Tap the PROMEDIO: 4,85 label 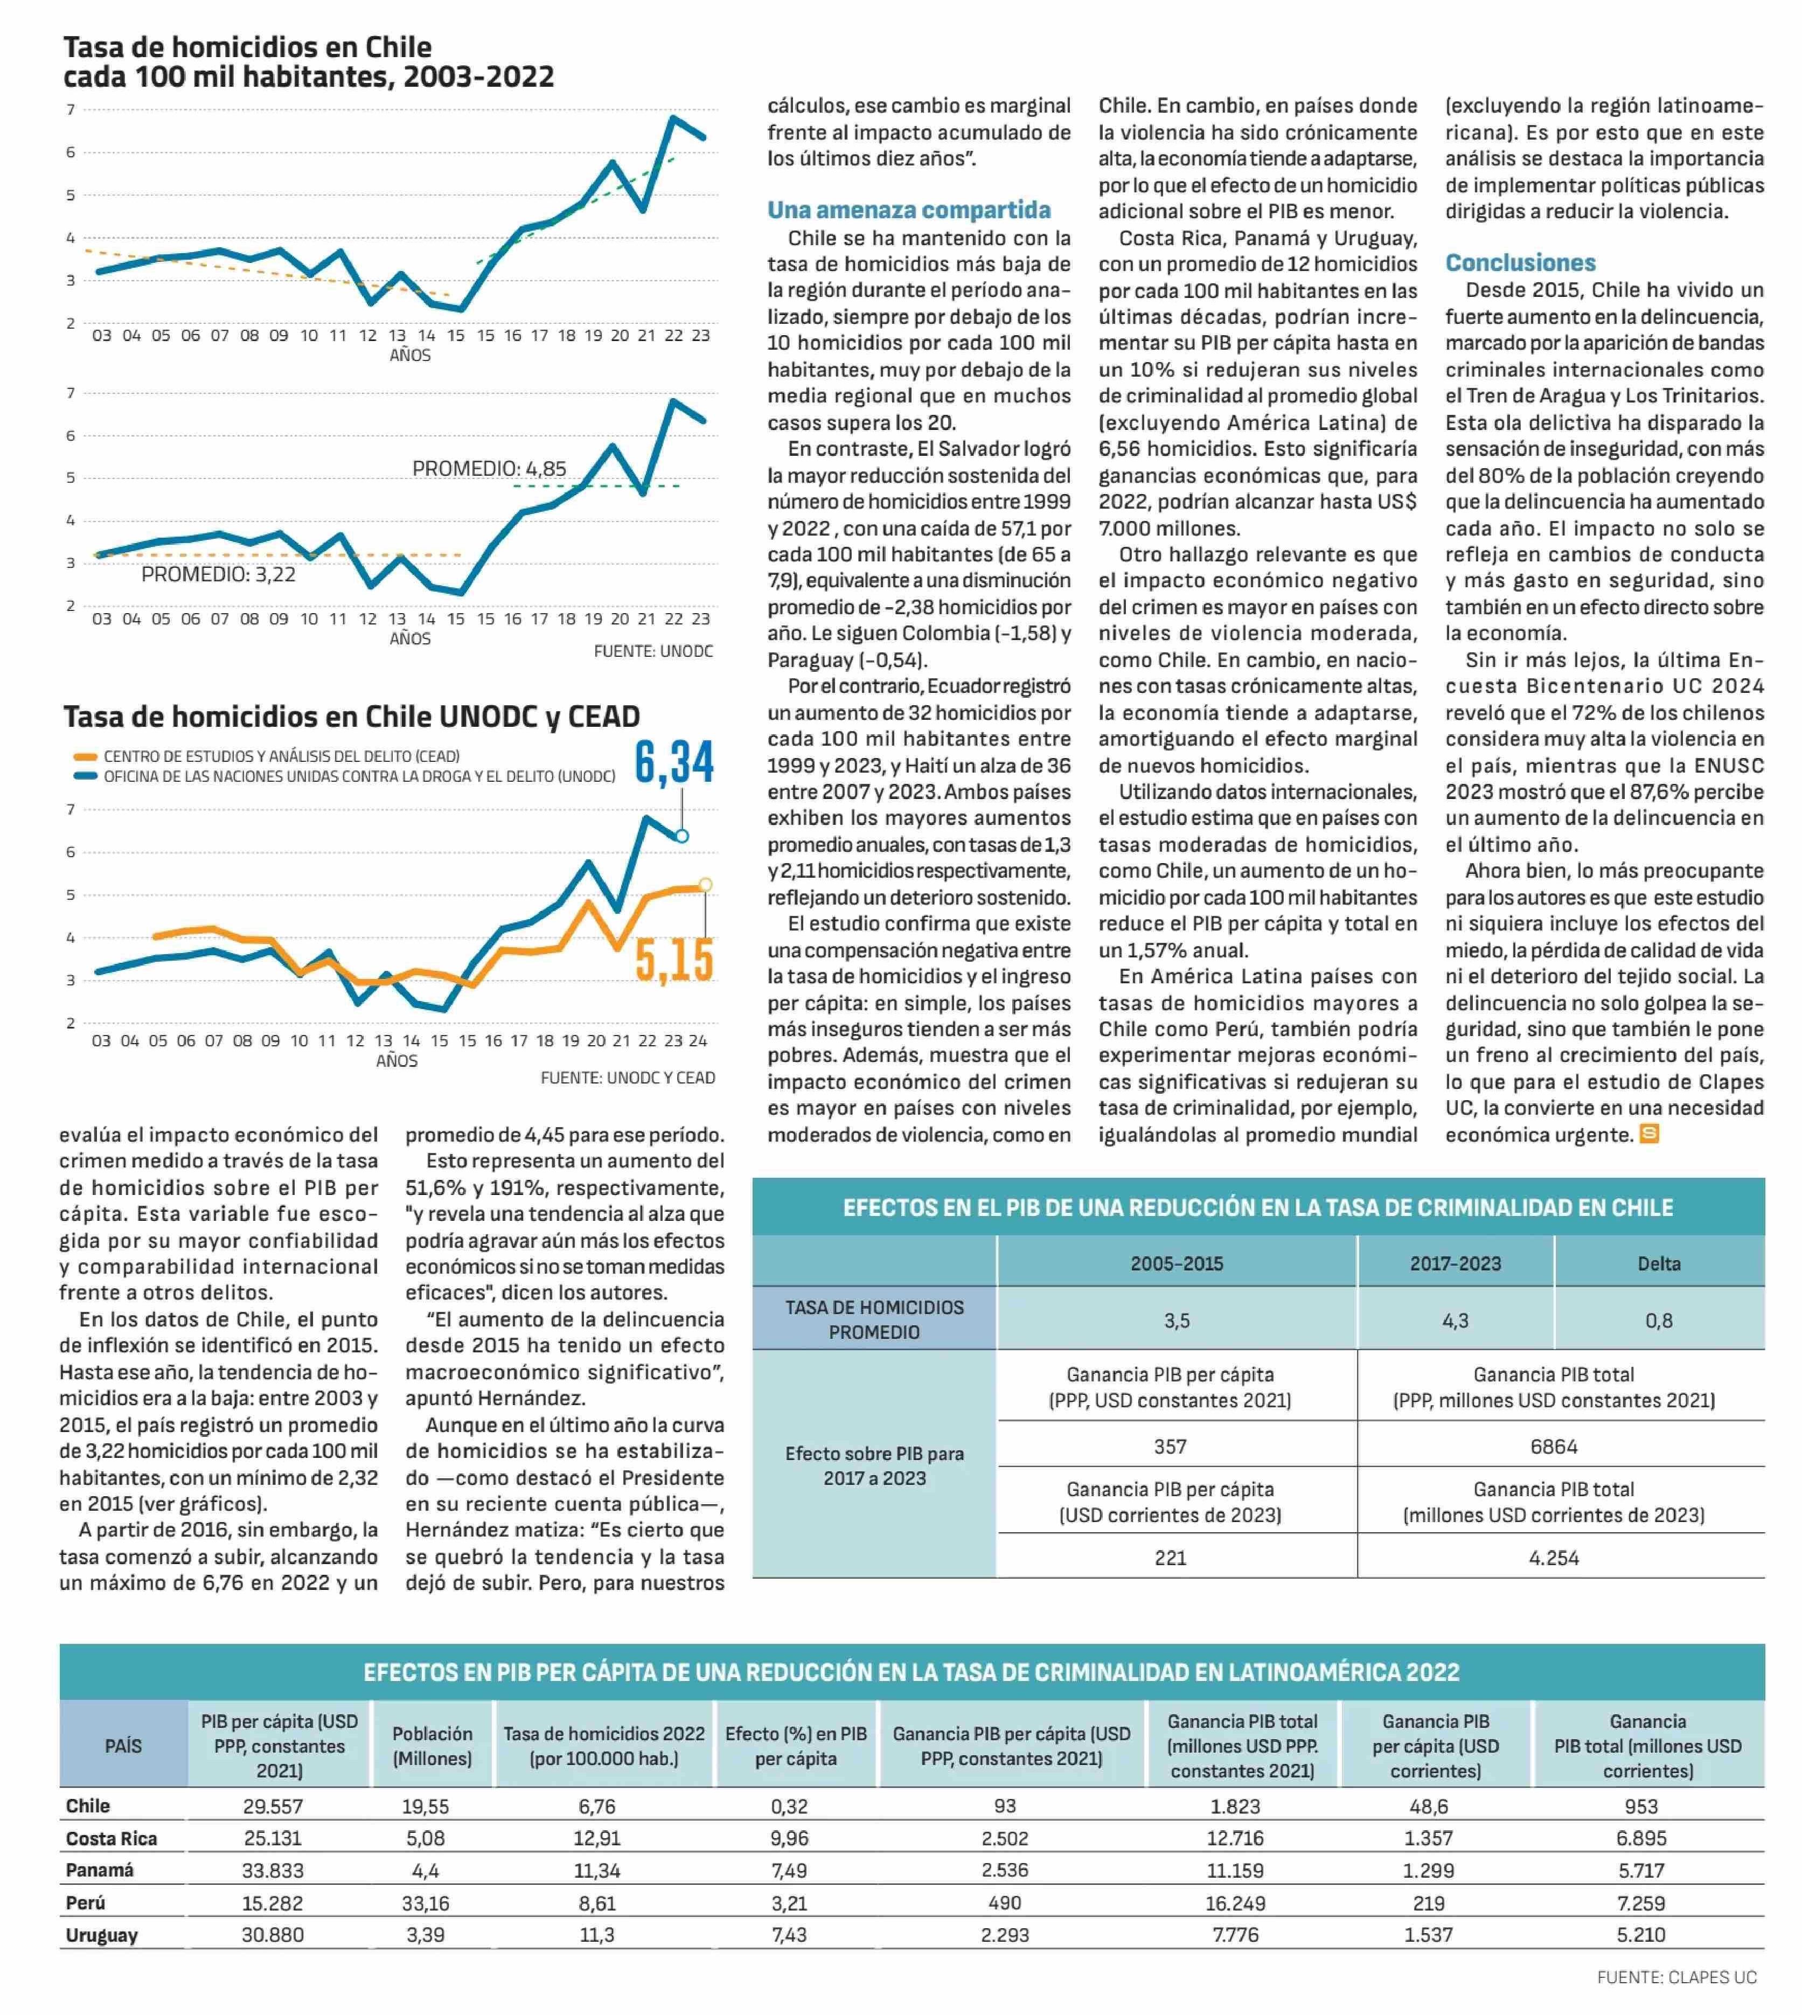click(x=489, y=468)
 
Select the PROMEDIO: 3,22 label click(x=218, y=574)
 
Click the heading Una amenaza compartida click(x=909, y=210)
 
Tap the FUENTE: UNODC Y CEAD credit click(x=628, y=1078)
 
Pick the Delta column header click(x=1659, y=1263)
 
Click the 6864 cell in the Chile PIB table click(x=1554, y=1447)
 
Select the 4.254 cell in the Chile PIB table click(x=1554, y=1558)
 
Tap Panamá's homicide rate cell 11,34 click(x=597, y=1871)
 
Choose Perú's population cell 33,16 click(x=425, y=1903)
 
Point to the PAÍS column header click(x=124, y=1746)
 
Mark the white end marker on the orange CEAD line click(x=705, y=885)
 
